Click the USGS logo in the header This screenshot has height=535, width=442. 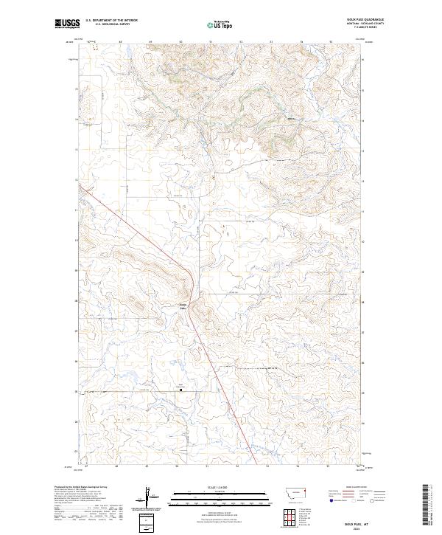66,24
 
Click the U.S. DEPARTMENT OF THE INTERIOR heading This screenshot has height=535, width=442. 112,21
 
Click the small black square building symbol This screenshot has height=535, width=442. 181,390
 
